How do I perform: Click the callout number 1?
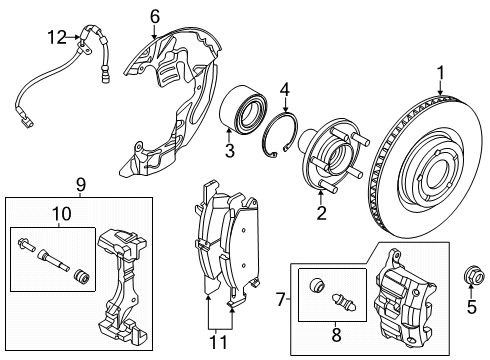tap(441, 73)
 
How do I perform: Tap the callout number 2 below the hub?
tap(322, 211)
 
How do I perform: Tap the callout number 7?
tap(281, 298)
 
